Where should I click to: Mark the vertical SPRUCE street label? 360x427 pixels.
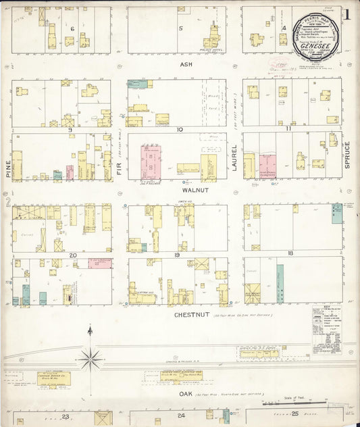pos(346,154)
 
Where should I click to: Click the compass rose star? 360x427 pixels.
pos(90,357)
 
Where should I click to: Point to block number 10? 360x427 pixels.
pos(180,129)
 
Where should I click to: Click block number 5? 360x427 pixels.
pos(180,28)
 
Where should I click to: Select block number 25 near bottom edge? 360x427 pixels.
pos(294,416)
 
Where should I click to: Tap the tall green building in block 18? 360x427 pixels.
pos(280,282)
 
